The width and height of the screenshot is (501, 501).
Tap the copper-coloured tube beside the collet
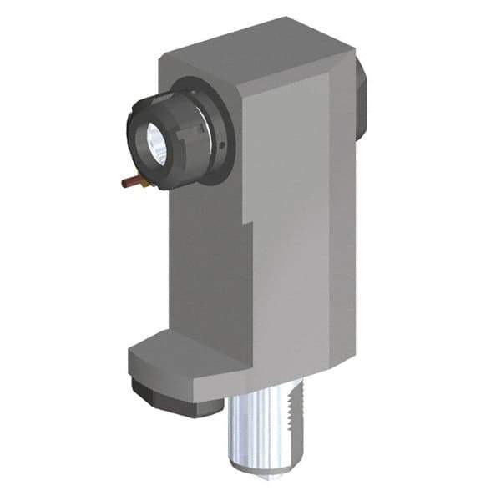point(128,181)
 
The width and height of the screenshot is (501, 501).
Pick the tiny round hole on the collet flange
point(223,146)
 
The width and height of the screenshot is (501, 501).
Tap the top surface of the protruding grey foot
point(180,347)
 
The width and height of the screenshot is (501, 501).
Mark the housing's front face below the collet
point(205,259)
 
